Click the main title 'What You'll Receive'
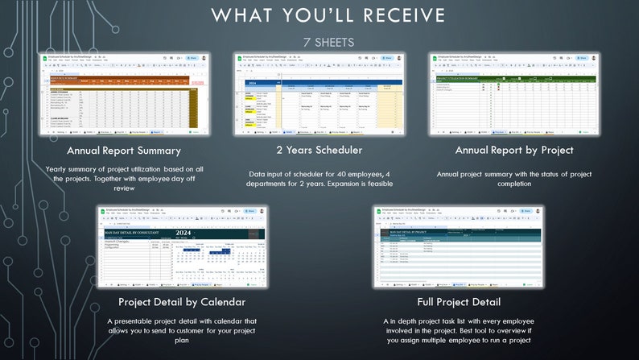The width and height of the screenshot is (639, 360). tap(328, 15)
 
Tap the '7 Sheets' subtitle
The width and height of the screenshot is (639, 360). tap(328, 42)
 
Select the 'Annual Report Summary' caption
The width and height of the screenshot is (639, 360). tap(124, 151)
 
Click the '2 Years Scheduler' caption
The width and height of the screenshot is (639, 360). tap(319, 151)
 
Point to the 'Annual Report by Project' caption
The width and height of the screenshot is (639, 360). tap(514, 151)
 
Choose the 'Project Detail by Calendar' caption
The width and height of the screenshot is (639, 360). tap(181, 302)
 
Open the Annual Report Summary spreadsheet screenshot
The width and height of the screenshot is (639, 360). tap(124, 94)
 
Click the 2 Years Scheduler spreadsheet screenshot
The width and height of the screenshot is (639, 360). tap(319, 94)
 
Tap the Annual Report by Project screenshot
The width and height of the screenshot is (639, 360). tap(514, 94)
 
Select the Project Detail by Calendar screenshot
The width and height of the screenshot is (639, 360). tap(181, 246)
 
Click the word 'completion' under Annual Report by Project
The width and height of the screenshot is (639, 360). tap(514, 184)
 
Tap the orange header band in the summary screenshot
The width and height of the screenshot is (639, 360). tap(121, 78)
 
